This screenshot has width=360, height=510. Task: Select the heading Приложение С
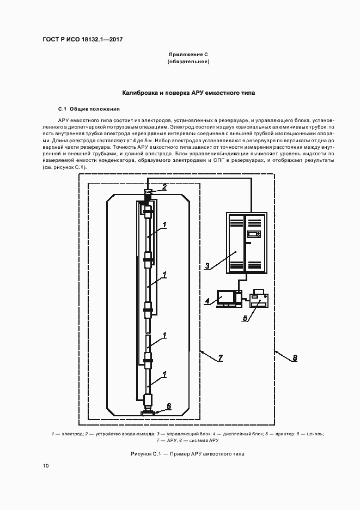pos(188,55)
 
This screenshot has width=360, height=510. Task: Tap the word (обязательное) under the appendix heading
pos(188,62)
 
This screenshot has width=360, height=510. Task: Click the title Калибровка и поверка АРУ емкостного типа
pos(188,93)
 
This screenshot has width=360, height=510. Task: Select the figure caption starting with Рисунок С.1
pos(188,453)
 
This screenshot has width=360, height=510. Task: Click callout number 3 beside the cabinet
pos(208,266)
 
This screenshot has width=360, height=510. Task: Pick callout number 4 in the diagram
pos(208,301)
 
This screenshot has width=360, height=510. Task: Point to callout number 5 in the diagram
pos(245,318)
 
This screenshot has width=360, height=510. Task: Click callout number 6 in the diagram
pos(168,405)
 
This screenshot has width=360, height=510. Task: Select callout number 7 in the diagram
pos(220,358)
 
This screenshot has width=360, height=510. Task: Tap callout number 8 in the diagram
pos(295,358)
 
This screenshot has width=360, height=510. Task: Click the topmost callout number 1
pos(164,224)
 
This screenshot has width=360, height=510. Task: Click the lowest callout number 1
pos(164,374)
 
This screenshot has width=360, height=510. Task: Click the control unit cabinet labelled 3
pos(246,242)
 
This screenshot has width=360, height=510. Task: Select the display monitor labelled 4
pos(226,297)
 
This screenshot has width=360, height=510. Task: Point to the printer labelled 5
pos(258,300)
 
